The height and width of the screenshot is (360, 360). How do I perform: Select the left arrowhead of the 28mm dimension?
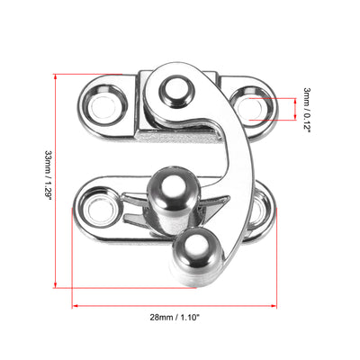(76, 305)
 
